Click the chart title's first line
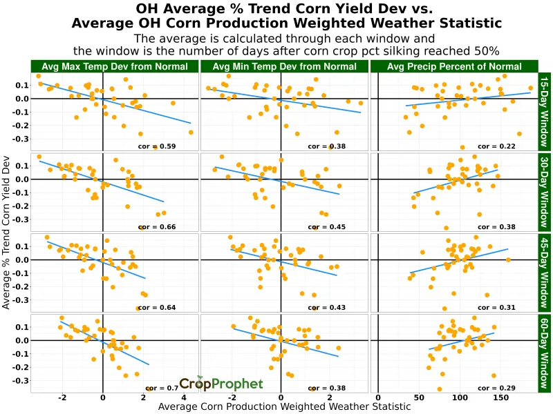point(284,9)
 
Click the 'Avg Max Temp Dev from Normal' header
point(115,66)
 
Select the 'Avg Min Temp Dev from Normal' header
point(284,66)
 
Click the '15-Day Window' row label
point(545,112)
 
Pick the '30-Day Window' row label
point(545,193)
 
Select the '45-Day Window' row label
point(545,273)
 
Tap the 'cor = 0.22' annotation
point(498,146)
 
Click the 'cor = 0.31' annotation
point(498,308)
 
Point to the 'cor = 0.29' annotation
point(498,388)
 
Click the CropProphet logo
point(221,384)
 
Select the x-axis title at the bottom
point(284,407)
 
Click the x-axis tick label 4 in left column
point(184,398)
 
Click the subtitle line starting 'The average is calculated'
point(284,39)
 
